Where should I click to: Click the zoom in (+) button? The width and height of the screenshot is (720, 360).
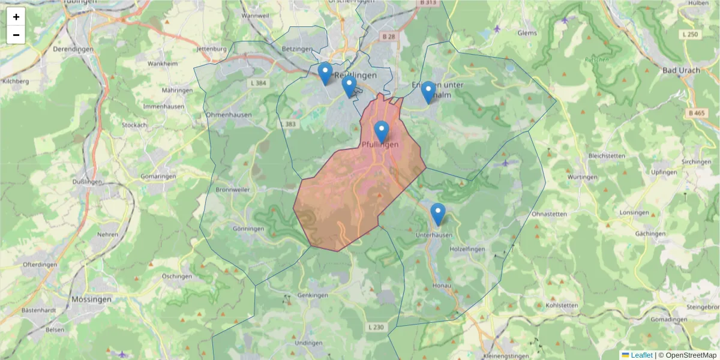[x=16, y=17]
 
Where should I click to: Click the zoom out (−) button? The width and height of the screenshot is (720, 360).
[x=16, y=35]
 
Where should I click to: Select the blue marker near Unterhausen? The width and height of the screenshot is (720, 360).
[x=438, y=214]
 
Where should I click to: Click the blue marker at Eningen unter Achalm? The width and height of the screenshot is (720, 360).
[x=428, y=92]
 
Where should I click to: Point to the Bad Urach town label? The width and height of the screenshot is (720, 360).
[x=681, y=70]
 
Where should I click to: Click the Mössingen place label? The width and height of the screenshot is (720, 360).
[x=91, y=299]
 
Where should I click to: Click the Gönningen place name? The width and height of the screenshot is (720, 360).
[x=248, y=229]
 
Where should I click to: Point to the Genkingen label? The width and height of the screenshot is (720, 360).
[x=313, y=295]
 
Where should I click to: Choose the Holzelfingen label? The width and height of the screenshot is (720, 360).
[x=467, y=248]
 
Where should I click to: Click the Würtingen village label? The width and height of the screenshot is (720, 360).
[x=583, y=177]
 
